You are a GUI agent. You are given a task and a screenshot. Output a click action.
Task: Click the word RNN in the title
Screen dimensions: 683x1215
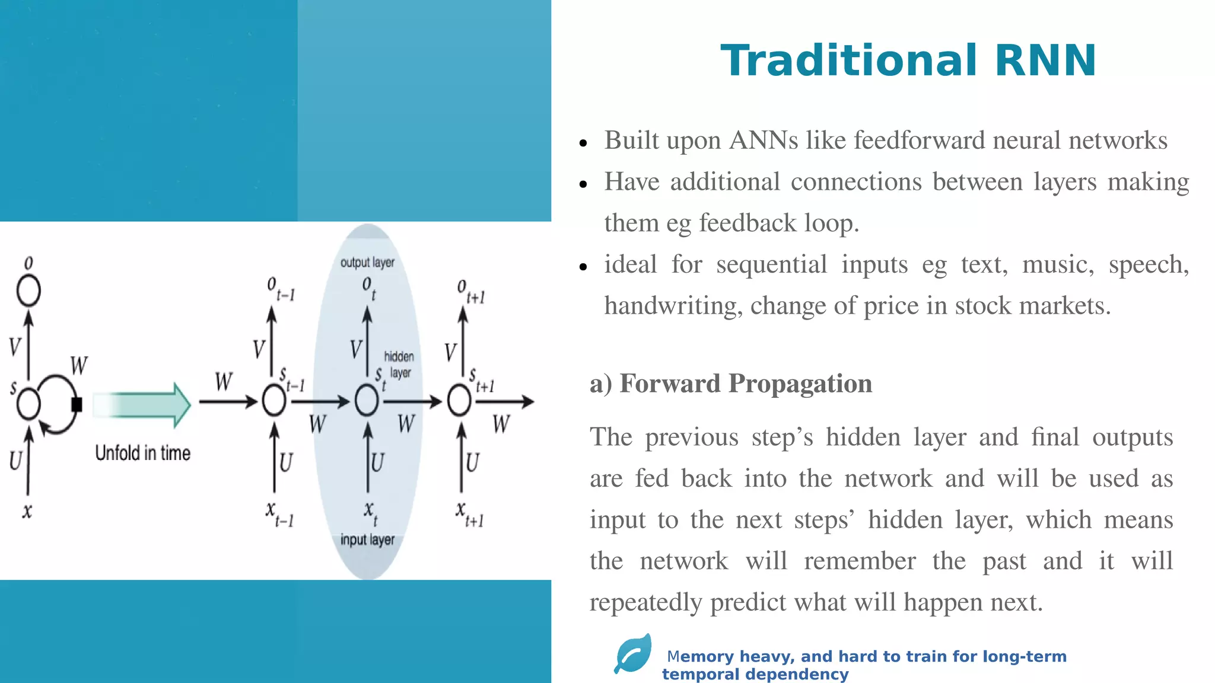point(1045,61)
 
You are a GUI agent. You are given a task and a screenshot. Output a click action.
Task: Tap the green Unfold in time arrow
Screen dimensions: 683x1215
point(142,405)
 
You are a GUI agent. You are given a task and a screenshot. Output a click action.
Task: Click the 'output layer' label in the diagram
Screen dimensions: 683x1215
point(367,263)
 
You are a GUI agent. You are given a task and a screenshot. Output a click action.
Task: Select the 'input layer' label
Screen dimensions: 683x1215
point(367,540)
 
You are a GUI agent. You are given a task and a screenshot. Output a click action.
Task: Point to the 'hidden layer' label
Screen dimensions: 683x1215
point(399,364)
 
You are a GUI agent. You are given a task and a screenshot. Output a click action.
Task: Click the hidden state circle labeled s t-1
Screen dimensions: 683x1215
point(273,401)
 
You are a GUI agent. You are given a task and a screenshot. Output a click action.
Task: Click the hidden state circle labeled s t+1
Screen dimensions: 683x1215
point(459,401)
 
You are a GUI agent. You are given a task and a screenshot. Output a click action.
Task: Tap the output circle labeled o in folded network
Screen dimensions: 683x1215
point(28,291)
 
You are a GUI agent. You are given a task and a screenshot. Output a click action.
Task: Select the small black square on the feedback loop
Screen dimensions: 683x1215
point(77,404)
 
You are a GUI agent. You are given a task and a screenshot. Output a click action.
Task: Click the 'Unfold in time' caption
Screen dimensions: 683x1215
point(143,454)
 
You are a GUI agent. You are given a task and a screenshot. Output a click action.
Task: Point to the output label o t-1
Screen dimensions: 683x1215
point(280,289)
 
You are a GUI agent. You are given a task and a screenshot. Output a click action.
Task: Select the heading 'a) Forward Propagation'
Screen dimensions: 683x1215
point(730,384)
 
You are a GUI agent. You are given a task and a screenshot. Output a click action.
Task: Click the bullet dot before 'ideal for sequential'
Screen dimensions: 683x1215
point(583,267)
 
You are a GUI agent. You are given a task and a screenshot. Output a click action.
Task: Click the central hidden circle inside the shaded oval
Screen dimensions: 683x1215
point(367,401)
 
